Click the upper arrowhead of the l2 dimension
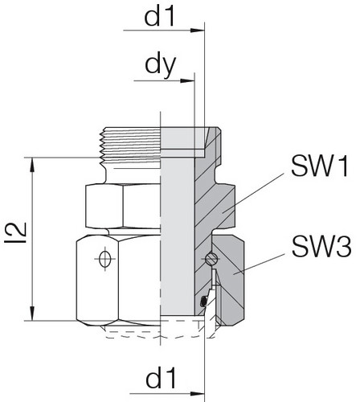pyautogui.click(x=33, y=162)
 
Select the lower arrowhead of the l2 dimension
pyautogui.click(x=33, y=317)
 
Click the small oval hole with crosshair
pyautogui.click(x=104, y=259)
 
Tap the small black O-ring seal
pyautogui.click(x=202, y=301)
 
